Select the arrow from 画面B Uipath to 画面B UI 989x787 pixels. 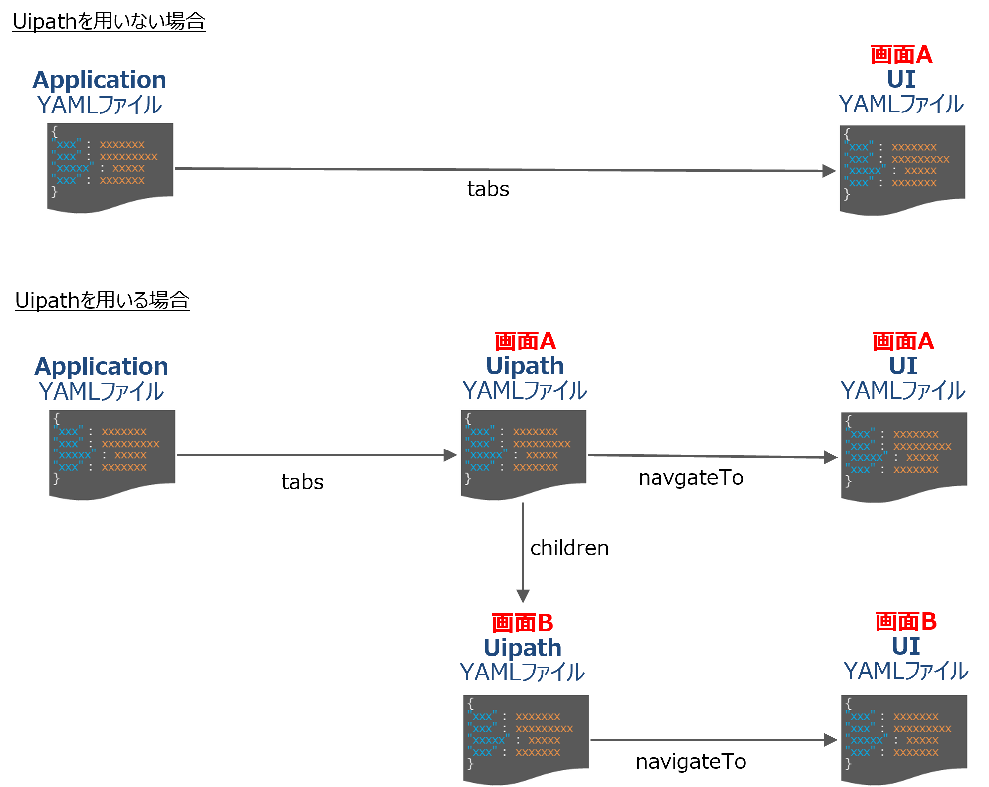(x=712, y=740)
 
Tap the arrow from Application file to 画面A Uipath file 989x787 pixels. (x=314, y=455)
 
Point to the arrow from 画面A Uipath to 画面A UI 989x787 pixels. (x=712, y=456)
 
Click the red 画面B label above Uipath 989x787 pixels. (x=523, y=623)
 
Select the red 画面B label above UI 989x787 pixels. (x=906, y=622)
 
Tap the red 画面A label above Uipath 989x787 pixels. (x=525, y=341)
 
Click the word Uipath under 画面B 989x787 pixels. (x=523, y=647)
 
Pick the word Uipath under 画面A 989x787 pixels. (x=525, y=366)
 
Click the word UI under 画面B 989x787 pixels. (x=906, y=646)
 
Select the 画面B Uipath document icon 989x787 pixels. (x=526, y=737)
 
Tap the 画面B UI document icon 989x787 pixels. (x=904, y=737)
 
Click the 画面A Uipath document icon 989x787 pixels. (x=524, y=452)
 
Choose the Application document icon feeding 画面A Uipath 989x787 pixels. (x=112, y=452)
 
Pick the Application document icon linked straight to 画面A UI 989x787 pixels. (x=110, y=165)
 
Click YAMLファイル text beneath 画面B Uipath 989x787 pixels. (x=523, y=672)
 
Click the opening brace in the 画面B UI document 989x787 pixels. (x=849, y=703)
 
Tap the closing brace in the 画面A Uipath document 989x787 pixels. (x=468, y=478)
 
